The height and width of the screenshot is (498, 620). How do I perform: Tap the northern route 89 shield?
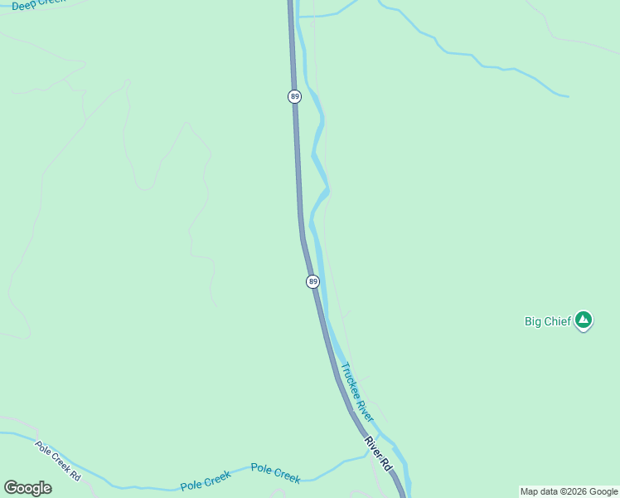click(294, 97)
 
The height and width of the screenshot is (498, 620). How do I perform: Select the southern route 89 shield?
click(312, 281)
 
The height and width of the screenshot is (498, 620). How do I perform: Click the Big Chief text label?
click(548, 321)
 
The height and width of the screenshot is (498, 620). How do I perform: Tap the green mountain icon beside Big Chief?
click(584, 320)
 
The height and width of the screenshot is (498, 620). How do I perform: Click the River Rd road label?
click(377, 454)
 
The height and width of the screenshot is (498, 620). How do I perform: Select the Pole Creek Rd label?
click(57, 460)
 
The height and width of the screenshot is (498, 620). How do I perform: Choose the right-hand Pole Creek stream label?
click(275, 474)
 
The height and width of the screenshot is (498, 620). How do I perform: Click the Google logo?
click(27, 488)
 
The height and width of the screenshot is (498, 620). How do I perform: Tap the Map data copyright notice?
click(569, 491)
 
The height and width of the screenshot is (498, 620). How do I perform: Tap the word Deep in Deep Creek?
click(22, 6)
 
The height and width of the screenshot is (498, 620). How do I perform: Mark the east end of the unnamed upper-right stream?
click(568, 96)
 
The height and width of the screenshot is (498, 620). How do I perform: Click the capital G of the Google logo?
click(12, 488)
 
